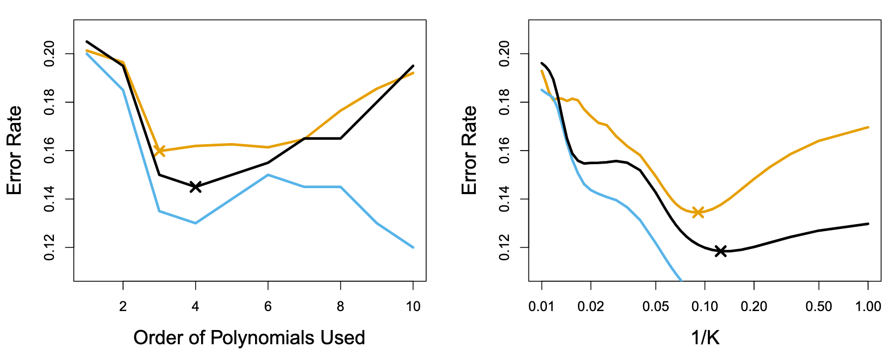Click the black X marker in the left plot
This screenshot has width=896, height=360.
coord(195,187)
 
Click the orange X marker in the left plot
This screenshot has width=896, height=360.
coord(159,151)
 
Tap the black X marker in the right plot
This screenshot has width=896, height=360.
coord(721,251)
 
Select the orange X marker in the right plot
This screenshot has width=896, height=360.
coord(698,212)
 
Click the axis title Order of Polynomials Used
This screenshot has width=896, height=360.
coord(249,338)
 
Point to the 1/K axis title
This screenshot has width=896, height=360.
coord(705,338)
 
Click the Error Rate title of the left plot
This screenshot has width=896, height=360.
coord(15,151)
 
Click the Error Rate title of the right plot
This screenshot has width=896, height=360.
coord(470,151)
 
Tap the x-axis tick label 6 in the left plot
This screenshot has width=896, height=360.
coord(268,307)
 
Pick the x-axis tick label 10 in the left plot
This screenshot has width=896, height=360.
coord(413,307)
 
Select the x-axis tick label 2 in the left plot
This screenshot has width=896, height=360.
coord(123,307)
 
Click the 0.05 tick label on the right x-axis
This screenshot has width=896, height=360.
coord(656,307)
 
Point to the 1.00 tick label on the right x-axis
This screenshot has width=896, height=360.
coord(868,307)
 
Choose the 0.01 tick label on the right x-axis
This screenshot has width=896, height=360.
coord(542,307)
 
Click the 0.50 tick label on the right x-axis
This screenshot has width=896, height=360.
coord(819,307)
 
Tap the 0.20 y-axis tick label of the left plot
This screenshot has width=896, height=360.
coord(50,54)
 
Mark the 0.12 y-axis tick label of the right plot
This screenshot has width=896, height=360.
coord(505,247)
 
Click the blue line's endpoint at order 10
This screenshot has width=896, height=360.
coord(413,247)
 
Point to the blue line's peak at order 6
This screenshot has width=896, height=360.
coord(268,175)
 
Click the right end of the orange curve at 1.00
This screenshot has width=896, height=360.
coord(868,127)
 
